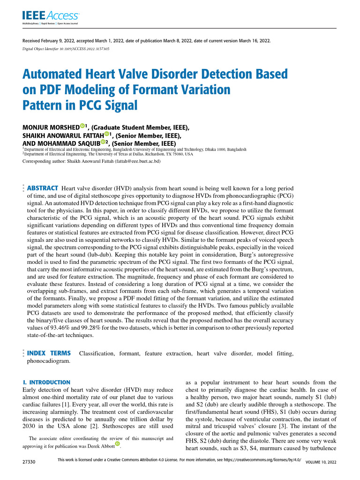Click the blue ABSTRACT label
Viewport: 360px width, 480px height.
(43, 188)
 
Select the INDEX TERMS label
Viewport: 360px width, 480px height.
(49, 353)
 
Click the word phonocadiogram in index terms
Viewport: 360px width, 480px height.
(49, 361)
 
